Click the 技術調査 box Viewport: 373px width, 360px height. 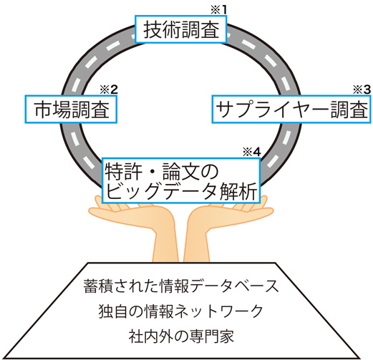click(180, 29)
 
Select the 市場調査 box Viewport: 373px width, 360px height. click(71, 110)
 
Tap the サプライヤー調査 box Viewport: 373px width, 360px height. click(291, 110)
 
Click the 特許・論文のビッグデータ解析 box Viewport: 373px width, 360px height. click(181, 180)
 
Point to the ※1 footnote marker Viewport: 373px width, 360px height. click(218, 10)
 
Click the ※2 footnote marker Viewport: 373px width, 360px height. click(109, 89)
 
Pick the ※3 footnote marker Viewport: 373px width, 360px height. click(362, 89)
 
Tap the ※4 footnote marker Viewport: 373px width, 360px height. click(252, 152)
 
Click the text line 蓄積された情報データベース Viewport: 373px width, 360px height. click(181, 286)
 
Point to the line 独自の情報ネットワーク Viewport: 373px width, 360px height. click(180, 311)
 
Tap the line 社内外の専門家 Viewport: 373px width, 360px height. click(181, 336)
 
